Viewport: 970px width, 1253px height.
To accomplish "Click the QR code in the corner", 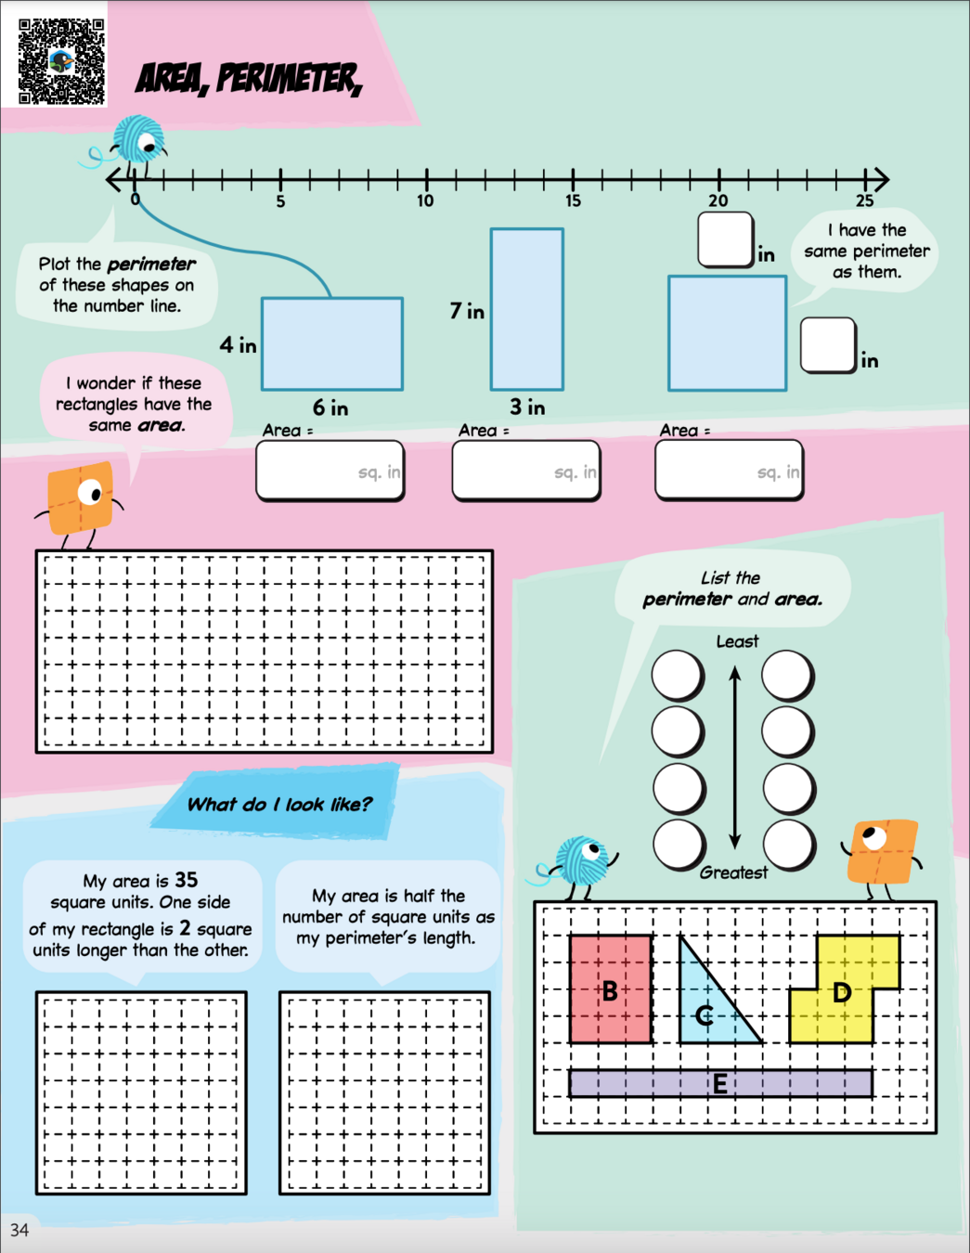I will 61,61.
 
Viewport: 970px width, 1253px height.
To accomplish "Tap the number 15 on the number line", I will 573,200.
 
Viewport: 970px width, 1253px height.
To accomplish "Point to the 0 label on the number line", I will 136,200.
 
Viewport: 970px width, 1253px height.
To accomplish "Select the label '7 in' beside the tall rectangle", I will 467,311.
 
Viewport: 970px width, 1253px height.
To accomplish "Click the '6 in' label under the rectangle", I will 330,407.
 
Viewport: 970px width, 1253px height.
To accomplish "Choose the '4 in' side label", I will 238,345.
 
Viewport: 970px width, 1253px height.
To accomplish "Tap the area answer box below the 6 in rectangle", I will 330,471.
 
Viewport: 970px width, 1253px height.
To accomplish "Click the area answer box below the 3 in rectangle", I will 525,471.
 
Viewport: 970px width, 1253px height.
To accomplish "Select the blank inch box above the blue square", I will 725,239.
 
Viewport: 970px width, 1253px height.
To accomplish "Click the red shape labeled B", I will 610,989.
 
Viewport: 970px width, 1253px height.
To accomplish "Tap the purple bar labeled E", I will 719,1083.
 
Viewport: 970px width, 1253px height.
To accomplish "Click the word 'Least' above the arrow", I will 737,641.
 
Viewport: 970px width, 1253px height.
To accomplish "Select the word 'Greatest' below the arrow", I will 733,872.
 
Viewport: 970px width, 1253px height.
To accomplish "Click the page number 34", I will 19,1230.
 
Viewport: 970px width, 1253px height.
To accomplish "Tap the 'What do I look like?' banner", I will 278,804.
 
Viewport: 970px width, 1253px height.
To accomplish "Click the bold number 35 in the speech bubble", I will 186,879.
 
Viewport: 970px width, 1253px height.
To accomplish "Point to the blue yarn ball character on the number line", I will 139,141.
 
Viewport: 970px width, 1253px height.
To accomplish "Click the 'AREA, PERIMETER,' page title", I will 248,79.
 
